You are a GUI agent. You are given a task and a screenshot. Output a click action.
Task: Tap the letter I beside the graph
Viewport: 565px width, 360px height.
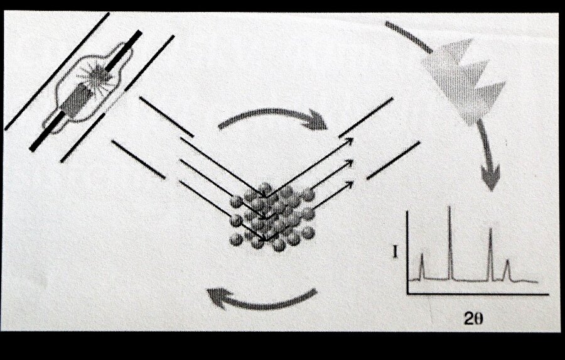coord(395,252)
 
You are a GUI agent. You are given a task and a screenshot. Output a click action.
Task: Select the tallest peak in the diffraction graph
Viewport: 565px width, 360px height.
coord(449,243)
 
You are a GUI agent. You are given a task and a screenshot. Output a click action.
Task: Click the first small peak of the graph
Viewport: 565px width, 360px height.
coord(422,266)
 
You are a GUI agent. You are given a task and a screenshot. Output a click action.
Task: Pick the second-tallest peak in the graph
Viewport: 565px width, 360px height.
coord(490,254)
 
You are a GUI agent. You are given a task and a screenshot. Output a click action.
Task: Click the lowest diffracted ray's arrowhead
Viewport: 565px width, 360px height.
coord(349,184)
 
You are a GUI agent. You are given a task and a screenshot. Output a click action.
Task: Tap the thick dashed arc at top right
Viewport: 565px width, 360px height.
coord(409,36)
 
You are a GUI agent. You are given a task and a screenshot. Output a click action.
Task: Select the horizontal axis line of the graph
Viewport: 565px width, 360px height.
coord(478,295)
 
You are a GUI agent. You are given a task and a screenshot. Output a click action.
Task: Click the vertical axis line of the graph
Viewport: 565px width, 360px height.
coord(407,253)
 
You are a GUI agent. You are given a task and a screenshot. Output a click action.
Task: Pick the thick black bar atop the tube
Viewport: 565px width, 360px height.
coord(123,50)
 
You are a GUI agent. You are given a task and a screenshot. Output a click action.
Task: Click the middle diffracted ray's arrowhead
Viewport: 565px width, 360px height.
coord(349,163)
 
